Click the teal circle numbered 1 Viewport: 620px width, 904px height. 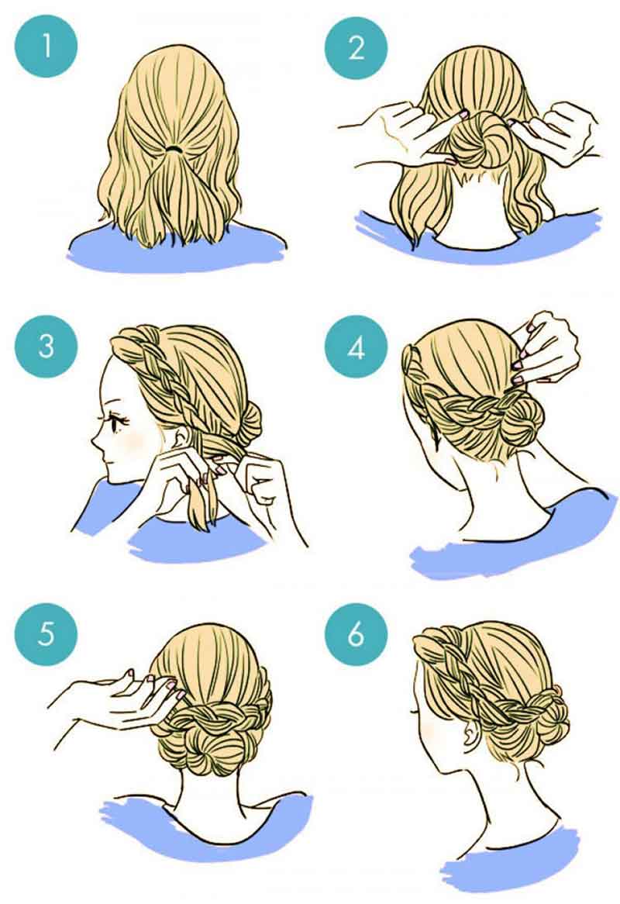(x=46, y=46)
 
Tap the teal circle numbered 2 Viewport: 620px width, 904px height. (x=356, y=46)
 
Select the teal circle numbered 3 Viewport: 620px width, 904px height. (x=46, y=347)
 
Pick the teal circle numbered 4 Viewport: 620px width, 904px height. (x=356, y=347)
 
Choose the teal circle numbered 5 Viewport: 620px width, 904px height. (x=46, y=633)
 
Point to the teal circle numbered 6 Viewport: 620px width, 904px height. (x=356, y=633)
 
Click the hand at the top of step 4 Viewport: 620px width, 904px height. (x=545, y=349)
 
